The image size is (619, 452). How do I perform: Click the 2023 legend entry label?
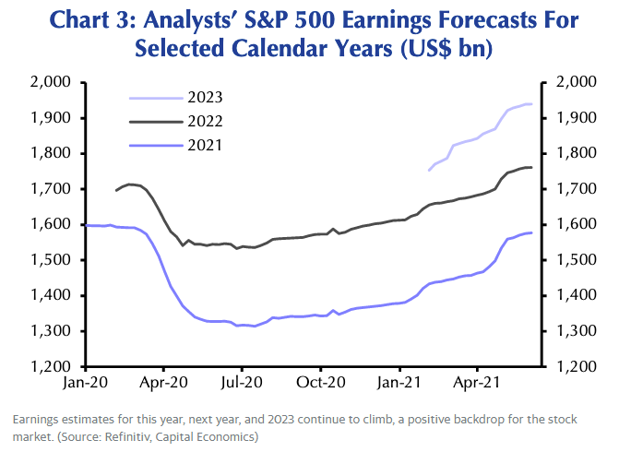click(x=205, y=97)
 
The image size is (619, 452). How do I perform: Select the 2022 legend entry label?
click(x=205, y=121)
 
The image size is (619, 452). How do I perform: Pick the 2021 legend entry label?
click(x=205, y=145)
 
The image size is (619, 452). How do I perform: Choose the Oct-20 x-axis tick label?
click(x=320, y=378)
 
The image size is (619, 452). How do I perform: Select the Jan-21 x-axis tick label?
click(x=399, y=378)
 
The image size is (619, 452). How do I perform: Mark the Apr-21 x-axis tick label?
click(x=476, y=378)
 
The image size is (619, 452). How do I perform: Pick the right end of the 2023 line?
click(x=531, y=104)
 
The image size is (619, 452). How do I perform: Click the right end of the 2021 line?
click(x=531, y=232)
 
